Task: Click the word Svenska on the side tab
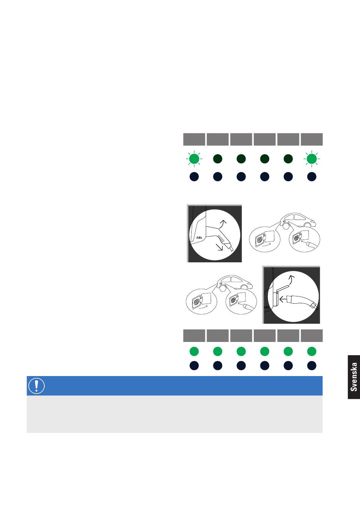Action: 354,377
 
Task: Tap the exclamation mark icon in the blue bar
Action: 36,386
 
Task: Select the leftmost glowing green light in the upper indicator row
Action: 194,158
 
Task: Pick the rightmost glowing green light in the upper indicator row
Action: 311,158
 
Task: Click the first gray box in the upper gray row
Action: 194,139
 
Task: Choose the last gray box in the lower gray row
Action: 311,335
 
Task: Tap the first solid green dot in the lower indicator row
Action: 194,351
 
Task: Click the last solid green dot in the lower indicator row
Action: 311,351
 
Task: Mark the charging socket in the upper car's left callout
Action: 259,240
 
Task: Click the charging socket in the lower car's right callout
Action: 233,301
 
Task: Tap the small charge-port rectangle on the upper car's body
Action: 284,221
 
